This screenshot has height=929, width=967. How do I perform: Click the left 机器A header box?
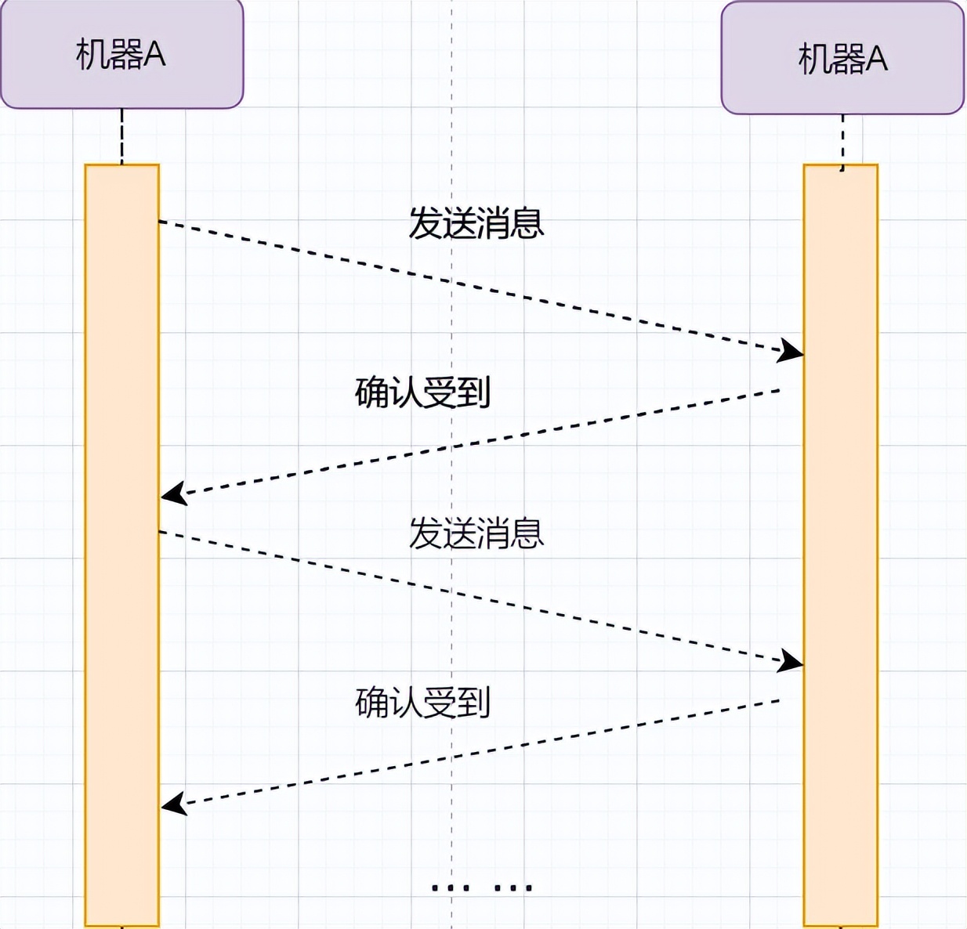(x=121, y=52)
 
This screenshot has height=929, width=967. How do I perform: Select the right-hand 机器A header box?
(x=842, y=58)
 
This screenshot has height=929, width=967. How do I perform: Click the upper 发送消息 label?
(x=476, y=223)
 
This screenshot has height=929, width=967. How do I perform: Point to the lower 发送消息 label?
(x=476, y=533)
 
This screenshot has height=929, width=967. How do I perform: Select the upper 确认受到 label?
(x=422, y=393)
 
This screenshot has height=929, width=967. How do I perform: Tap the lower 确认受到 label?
(x=422, y=703)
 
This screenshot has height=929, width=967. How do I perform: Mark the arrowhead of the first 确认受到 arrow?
(x=174, y=493)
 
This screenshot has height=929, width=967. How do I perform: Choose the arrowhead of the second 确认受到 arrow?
(x=174, y=804)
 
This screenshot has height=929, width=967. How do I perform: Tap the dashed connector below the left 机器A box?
(x=121, y=136)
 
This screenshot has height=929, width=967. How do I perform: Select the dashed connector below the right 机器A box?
(x=842, y=143)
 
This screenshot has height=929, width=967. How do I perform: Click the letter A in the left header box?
(x=154, y=53)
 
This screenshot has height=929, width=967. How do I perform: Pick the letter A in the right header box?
(x=877, y=60)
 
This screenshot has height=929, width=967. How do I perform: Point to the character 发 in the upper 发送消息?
(x=426, y=223)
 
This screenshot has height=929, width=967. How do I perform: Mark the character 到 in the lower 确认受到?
(x=474, y=703)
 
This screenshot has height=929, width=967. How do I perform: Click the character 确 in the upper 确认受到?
(x=371, y=393)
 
